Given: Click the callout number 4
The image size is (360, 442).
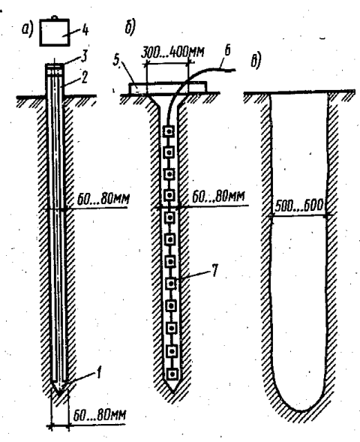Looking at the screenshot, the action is (x=85, y=29).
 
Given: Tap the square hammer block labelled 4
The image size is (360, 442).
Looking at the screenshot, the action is (x=54, y=32).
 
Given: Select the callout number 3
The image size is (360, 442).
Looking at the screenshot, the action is (x=83, y=56).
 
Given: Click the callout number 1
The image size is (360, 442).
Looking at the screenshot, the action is (x=97, y=373).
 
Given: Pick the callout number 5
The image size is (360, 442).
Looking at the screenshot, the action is (x=117, y=60).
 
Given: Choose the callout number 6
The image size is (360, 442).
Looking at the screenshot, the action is (x=227, y=50).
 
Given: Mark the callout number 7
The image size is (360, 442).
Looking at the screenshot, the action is (x=214, y=271).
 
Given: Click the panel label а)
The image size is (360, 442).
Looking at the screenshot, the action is (x=27, y=29).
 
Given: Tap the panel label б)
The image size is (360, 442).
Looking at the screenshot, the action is (x=130, y=27).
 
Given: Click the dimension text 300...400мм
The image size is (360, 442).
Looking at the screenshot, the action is (x=172, y=53).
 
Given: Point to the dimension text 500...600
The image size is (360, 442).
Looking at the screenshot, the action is (x=298, y=206).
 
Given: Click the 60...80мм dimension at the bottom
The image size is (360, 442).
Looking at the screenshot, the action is (x=100, y=416).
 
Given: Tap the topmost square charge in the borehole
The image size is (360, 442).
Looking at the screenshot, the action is (x=169, y=131).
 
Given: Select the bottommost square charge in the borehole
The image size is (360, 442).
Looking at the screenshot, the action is (x=172, y=374).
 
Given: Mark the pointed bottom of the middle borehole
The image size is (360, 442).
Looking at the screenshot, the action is (x=172, y=392).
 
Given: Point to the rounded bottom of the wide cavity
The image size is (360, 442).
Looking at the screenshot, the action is (x=301, y=410).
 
